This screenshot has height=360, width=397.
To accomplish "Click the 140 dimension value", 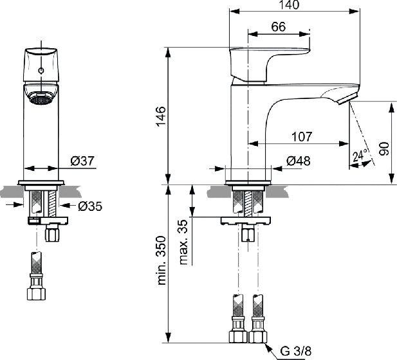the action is click(x=289, y=4).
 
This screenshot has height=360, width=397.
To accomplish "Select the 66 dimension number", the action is click(x=278, y=26).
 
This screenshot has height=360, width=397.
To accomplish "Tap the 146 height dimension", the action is click(x=161, y=116).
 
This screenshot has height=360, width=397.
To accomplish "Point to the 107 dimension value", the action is click(x=302, y=137).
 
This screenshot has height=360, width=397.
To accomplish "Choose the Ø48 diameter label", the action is click(x=299, y=161).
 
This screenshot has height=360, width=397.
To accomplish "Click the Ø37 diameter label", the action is click(x=82, y=161).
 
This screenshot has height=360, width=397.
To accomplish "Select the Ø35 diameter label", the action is click(x=90, y=206).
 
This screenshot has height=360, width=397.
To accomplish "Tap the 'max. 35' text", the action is click(x=184, y=242).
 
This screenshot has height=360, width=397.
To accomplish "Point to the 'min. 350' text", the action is click(x=162, y=260).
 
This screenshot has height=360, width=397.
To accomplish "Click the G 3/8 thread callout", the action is click(x=295, y=351).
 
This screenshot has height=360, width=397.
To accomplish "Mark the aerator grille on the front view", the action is click(x=41, y=98).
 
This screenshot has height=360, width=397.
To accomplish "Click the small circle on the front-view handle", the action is click(x=41, y=71).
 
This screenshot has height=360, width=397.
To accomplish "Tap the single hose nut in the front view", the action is click(x=36, y=293).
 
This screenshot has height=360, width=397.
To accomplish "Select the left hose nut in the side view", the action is click(x=238, y=336).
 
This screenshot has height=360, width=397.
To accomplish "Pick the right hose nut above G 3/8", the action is click(x=258, y=336).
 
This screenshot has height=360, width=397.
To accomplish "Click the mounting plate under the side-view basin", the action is click(x=246, y=221).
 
